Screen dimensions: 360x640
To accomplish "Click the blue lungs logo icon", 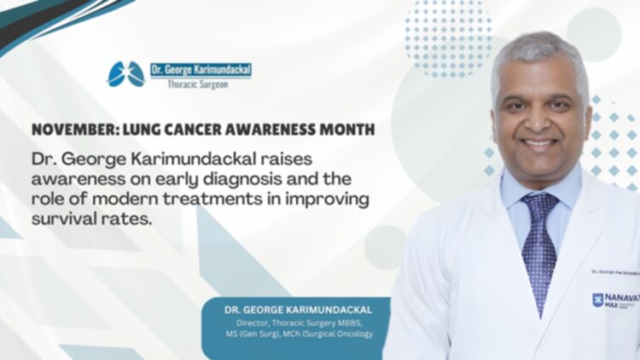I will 126,74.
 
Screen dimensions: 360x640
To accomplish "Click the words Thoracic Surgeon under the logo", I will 201,85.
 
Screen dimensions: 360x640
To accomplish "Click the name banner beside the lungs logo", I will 201,71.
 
